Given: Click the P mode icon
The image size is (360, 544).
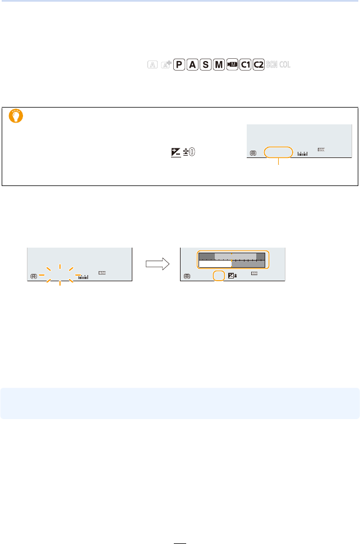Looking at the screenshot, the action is point(179,65).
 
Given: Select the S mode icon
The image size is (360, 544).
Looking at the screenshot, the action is point(206,65).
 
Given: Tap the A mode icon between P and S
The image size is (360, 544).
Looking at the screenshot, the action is point(193,65).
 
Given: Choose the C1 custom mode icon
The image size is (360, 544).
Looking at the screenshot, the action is point(245,65).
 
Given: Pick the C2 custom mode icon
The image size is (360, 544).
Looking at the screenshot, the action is point(259,65).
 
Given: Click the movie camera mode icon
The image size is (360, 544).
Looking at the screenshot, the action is point(232,65).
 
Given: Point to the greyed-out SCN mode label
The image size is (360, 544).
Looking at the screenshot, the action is point(273,65).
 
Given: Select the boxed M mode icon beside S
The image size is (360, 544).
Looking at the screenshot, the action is point(219,65).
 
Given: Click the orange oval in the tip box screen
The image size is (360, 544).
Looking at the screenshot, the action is point(278,152).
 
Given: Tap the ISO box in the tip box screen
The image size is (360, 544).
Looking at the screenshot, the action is point(321,150).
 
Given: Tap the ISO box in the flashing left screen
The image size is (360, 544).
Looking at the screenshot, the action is point(102,273).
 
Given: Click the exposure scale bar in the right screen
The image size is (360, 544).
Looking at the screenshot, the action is point(233,260).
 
